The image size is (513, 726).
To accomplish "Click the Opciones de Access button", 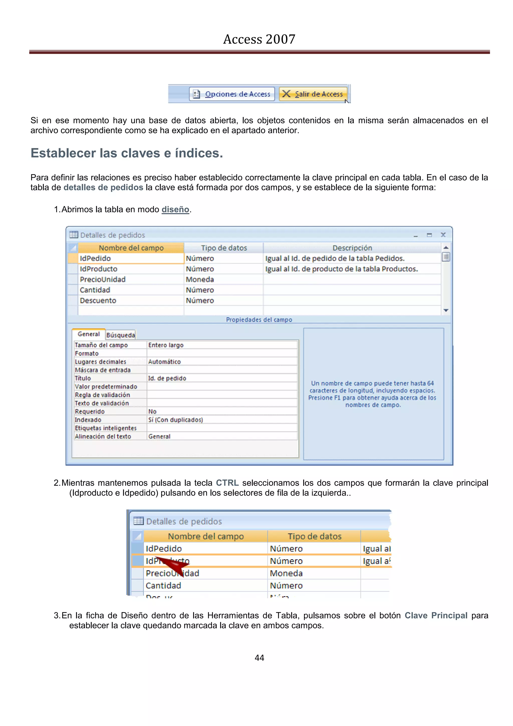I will [x=232, y=94].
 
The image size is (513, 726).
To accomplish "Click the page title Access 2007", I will [x=259, y=39].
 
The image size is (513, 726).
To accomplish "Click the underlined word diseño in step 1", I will [x=175, y=209].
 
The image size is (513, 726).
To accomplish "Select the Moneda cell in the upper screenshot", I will [x=200, y=280].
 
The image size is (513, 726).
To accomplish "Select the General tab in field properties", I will [x=88, y=334].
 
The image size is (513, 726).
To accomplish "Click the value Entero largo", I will [x=166, y=345].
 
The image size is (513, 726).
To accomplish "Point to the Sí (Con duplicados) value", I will [x=176, y=420].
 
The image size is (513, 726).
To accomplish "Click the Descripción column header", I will [x=352, y=248].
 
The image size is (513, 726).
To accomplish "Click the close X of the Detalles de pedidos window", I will [x=443, y=235].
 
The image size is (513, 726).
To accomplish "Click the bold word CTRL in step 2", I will [x=227, y=483].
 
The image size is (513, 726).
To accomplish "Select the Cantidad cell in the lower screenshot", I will [x=163, y=586].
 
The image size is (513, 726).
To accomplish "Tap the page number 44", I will [x=259, y=658].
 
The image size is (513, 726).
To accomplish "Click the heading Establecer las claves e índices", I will [x=127, y=153].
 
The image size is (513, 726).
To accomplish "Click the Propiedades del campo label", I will [x=259, y=320].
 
